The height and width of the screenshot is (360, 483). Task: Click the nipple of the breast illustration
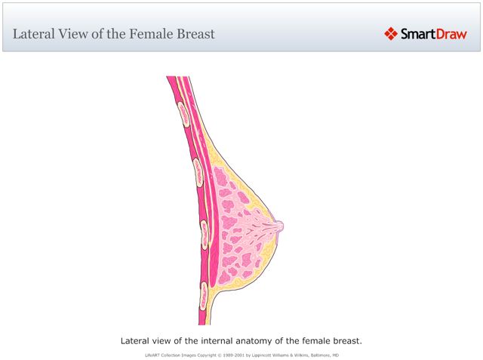pos(279,225)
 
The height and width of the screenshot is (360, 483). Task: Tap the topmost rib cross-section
pos(183,112)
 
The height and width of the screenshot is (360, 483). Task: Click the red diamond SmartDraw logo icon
pos(391,33)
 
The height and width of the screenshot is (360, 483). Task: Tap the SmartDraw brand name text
pos(434,33)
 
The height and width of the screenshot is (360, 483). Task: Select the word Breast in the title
pos(193,34)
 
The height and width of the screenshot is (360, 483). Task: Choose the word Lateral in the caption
pos(138,340)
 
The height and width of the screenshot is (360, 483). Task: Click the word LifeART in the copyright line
pos(152,354)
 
